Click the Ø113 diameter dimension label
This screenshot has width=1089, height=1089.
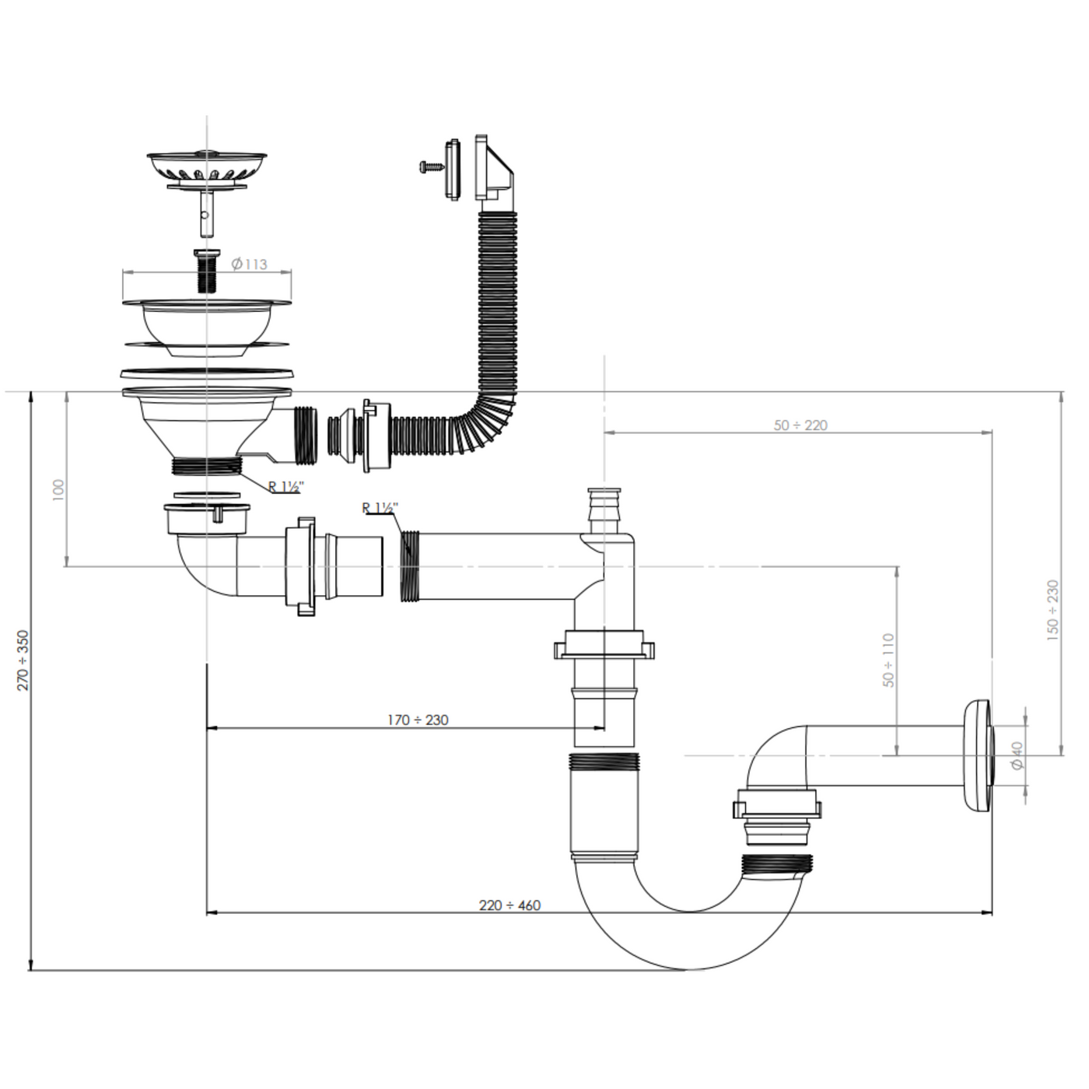250,264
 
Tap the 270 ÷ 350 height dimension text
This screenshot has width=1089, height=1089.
23,660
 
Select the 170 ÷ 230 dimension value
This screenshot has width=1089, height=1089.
418,720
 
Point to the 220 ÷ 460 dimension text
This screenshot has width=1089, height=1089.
509,905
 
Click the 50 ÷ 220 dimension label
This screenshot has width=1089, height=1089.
800,425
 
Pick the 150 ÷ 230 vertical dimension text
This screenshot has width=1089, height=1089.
1053,610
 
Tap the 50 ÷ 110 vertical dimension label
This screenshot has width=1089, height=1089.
888,660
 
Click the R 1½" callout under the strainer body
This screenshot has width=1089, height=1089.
285,487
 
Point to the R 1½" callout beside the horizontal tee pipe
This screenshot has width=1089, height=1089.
380,509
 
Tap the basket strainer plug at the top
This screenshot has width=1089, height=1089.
207,166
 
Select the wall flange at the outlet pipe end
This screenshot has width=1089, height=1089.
977,755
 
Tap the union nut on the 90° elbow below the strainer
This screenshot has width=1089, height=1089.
300,566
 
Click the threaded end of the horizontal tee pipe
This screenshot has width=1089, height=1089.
411,566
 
